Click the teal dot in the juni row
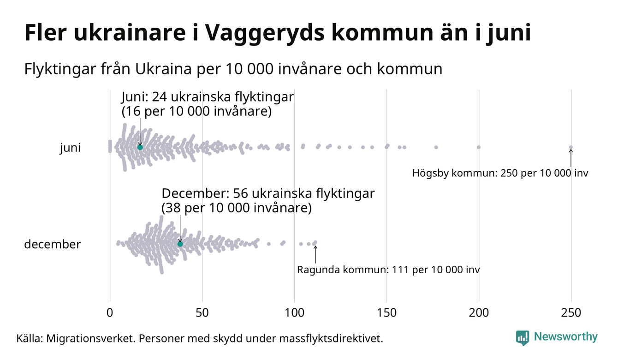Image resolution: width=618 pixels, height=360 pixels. tap(140, 147)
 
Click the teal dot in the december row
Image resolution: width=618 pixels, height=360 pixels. tap(180, 244)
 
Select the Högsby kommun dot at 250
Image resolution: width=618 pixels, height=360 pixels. tap(571, 148)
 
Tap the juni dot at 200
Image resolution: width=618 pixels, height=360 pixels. tap(479, 147)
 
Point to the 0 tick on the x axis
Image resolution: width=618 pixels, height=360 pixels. tap(110, 313)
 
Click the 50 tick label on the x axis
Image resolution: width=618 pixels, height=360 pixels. tap(202, 313)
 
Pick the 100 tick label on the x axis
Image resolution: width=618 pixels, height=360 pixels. tap(294, 313)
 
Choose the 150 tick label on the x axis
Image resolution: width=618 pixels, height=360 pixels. tap(386, 313)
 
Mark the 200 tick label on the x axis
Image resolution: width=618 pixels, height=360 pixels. tap(479, 313)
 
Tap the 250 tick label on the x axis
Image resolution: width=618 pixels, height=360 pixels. tap(571, 313)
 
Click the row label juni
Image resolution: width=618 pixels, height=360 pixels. tap(70, 148)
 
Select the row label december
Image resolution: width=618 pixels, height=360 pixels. tap(52, 244)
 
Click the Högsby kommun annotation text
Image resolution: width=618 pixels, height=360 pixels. tap(500, 174)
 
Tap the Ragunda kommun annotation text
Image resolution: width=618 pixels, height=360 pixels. tap(388, 270)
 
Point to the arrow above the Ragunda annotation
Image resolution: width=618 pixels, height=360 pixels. tap(315, 253)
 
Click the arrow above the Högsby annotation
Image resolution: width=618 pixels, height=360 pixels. tap(571, 158)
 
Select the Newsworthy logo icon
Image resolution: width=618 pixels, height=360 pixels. tap(522, 338)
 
